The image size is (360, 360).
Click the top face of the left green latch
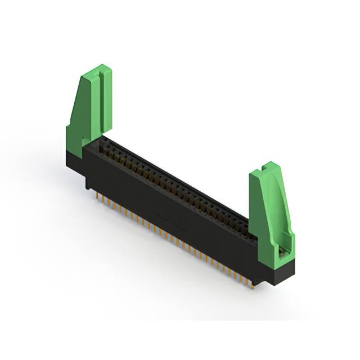coord(97,70)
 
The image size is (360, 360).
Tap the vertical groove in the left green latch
coord(101,101)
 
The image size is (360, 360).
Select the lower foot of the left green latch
coord(76,138)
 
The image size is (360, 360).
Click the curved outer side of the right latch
coord(284,208)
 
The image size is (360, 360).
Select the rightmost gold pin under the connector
coord(251,283)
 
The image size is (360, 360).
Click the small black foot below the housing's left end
coord(89,183)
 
